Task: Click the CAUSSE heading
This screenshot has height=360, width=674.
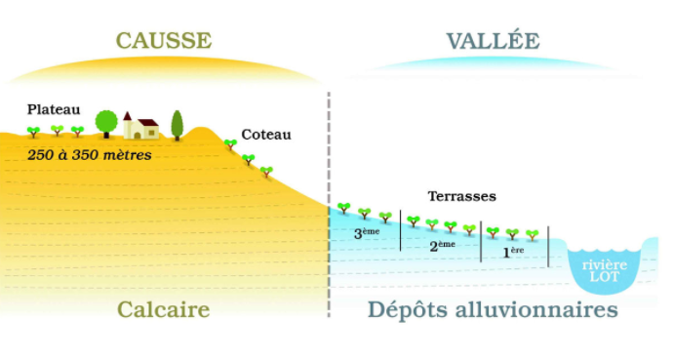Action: coord(164,40)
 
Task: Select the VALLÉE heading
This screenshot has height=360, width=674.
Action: coord(493,40)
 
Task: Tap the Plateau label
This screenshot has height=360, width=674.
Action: coord(54,109)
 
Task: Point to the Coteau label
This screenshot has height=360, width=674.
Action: coord(266,135)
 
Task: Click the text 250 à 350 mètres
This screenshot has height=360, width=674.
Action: coord(90,155)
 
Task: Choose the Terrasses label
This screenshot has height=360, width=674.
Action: coord(461,196)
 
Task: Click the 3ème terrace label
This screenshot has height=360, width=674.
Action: coord(367,233)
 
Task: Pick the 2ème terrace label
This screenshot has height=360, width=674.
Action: coord(442,246)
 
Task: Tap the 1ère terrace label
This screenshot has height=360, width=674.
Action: coord(513,252)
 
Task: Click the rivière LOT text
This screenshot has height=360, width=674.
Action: coord(605,270)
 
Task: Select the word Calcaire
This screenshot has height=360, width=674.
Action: coord(163,309)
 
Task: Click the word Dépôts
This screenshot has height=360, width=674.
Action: coord(408,309)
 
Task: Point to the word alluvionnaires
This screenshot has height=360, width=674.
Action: coord(536,309)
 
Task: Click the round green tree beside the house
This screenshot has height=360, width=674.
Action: coord(106,123)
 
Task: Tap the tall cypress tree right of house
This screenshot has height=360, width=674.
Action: coord(178,125)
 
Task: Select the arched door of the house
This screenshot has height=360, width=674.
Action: coord(138,136)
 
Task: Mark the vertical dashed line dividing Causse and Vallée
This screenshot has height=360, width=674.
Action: coord(329,205)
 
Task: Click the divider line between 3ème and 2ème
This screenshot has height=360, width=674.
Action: coord(401,230)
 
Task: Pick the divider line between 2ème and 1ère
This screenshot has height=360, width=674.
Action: coord(481,242)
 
